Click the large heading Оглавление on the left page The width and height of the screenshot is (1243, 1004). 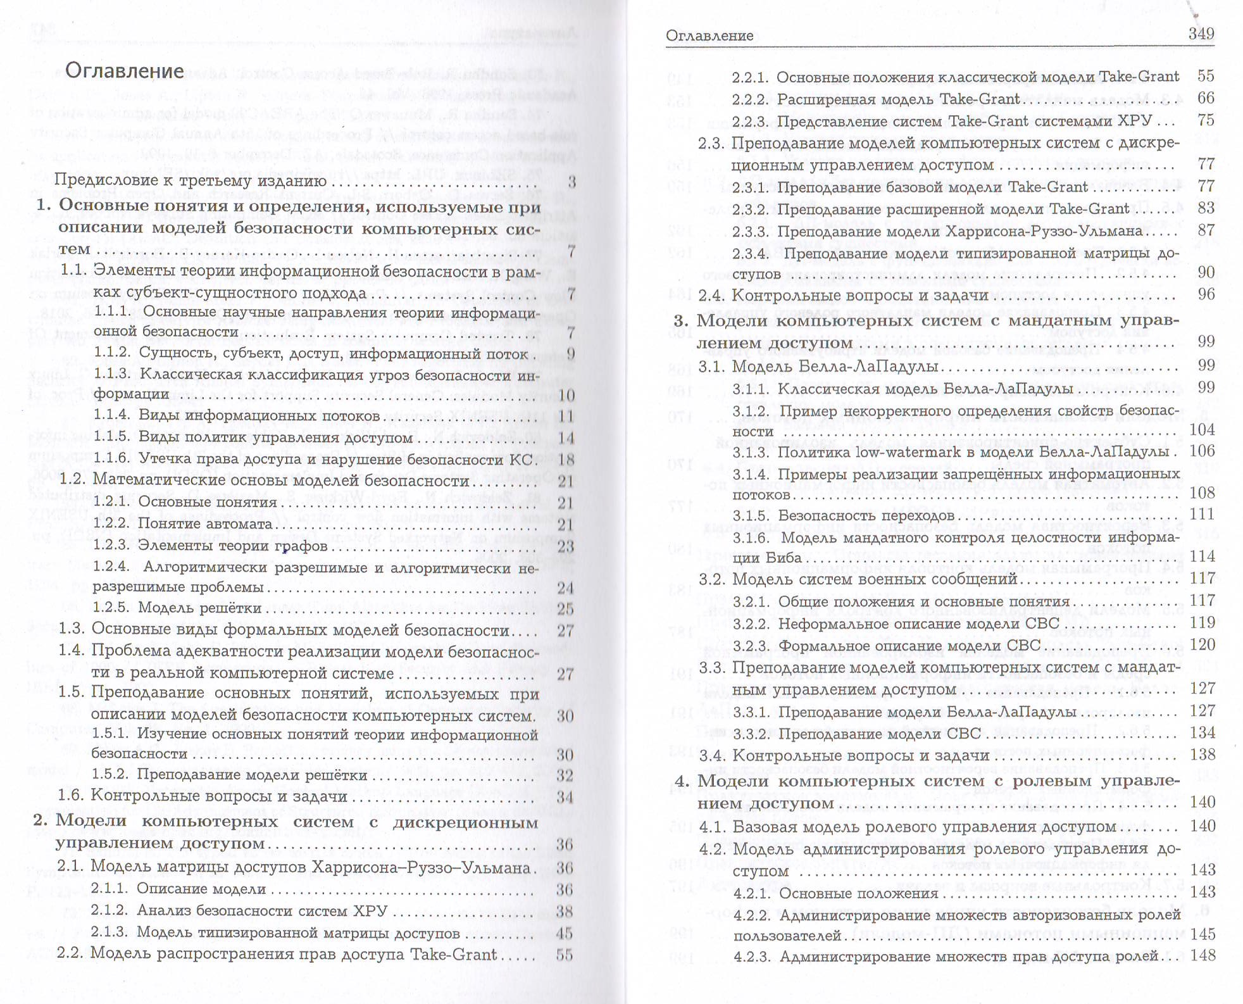125,71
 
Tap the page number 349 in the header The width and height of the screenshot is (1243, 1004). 1201,34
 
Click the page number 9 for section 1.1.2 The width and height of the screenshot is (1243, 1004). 570,354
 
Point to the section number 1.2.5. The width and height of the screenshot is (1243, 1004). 111,608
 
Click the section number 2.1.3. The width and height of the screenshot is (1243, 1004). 109,932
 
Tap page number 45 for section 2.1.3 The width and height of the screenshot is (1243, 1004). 564,933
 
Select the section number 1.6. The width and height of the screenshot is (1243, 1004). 72,796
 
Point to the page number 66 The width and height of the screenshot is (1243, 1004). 1206,98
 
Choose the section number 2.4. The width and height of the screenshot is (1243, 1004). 711,295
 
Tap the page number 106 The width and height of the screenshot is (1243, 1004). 1202,451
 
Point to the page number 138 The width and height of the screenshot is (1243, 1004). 1202,754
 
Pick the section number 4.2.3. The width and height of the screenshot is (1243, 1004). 753,957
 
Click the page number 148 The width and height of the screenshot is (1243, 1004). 1202,955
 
